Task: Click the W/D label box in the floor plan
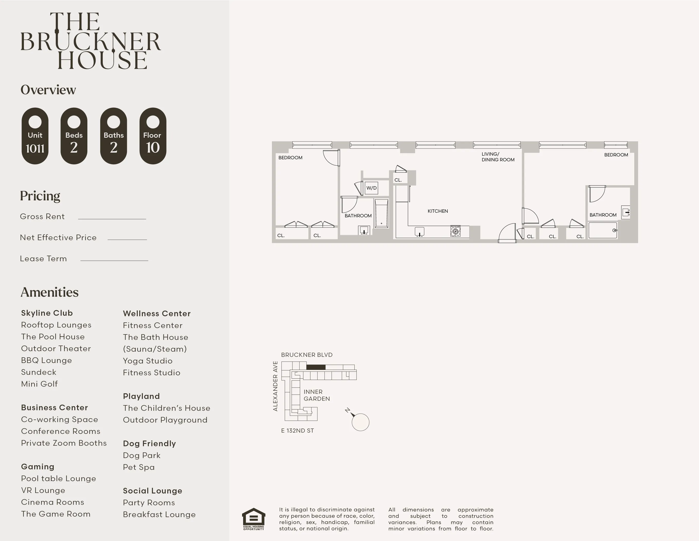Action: click(371, 188)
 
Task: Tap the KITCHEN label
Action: click(437, 211)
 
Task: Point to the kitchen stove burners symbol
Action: click(455, 231)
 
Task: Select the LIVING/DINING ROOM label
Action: click(498, 157)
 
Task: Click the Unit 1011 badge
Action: click(35, 136)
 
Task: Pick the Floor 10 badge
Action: click(153, 136)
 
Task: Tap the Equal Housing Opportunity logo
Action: click(253, 519)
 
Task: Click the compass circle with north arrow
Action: click(360, 422)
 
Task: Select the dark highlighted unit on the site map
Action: click(316, 367)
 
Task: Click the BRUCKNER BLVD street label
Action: click(307, 355)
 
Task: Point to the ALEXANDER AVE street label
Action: click(275, 386)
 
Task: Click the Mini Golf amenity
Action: click(39, 384)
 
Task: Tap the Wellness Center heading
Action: click(157, 314)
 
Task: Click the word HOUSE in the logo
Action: click(103, 60)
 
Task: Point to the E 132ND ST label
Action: click(297, 431)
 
